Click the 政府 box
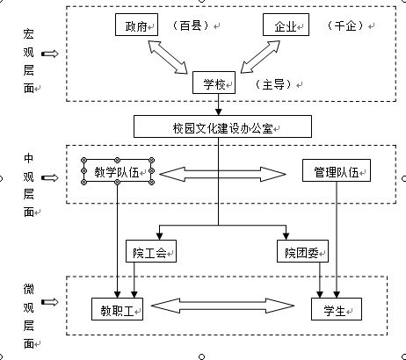[136, 25]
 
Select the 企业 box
[286, 25]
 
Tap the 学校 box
[214, 83]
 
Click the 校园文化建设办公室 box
[222, 126]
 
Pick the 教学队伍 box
[118, 171]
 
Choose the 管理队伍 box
[337, 170]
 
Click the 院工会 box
[151, 251]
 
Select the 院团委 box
[302, 251]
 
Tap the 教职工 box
[117, 309]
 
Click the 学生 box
[337, 309]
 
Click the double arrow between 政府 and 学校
[168, 57]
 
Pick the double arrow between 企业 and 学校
[260, 56]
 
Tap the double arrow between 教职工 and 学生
[222, 306]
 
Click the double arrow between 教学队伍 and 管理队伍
[222, 174]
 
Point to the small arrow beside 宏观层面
[50, 54]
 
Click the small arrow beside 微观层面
[50, 302]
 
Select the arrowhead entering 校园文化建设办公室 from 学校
[218, 112]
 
